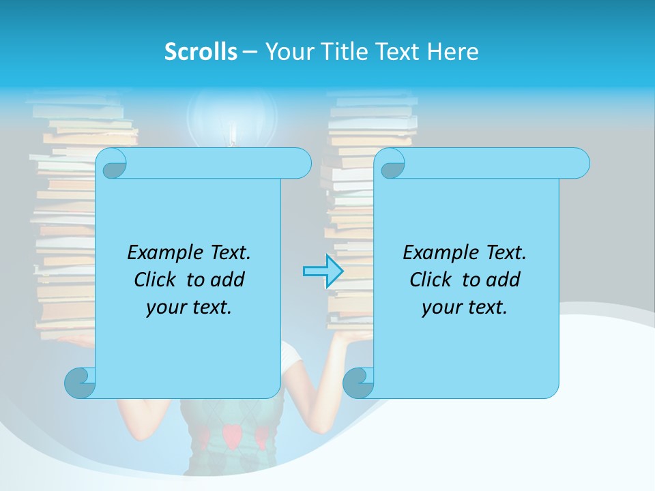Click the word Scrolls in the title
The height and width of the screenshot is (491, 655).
coord(201,51)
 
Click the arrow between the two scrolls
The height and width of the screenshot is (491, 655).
coord(323,271)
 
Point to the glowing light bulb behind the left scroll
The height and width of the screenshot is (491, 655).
coord(232,116)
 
